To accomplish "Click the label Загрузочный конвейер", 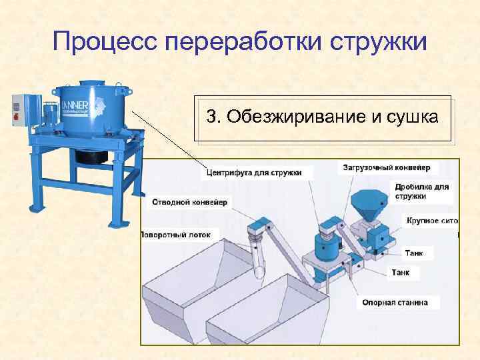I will point(387,167).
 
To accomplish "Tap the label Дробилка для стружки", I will point(421,191).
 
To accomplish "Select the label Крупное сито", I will point(432,220).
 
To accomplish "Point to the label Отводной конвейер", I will point(189,201).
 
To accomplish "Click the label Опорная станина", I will point(395,302).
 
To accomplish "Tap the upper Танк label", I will point(418,253).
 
